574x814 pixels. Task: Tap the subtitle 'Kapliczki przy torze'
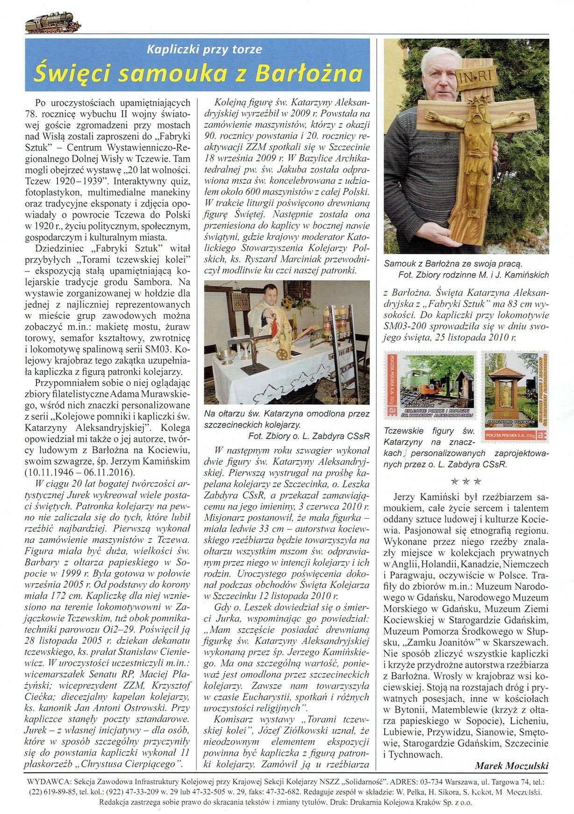click(204, 49)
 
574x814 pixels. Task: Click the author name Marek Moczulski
click(511, 765)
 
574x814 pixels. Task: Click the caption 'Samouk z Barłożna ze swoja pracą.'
click(453, 264)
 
